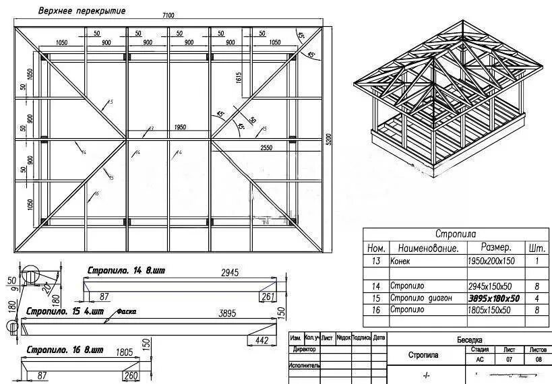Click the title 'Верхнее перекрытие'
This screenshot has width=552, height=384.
coord(81,11)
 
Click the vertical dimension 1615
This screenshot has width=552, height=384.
coord(239,78)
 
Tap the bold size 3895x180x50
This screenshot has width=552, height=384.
coord(494,298)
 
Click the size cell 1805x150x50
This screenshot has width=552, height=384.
coord(490,310)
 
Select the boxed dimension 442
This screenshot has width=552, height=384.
coord(262,341)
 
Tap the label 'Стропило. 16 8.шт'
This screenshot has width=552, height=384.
coord(65,351)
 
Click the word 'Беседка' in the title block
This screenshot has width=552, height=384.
coord(469,340)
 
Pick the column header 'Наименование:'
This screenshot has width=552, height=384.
coord(423,248)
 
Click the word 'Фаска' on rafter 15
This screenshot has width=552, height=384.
coord(126,313)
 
